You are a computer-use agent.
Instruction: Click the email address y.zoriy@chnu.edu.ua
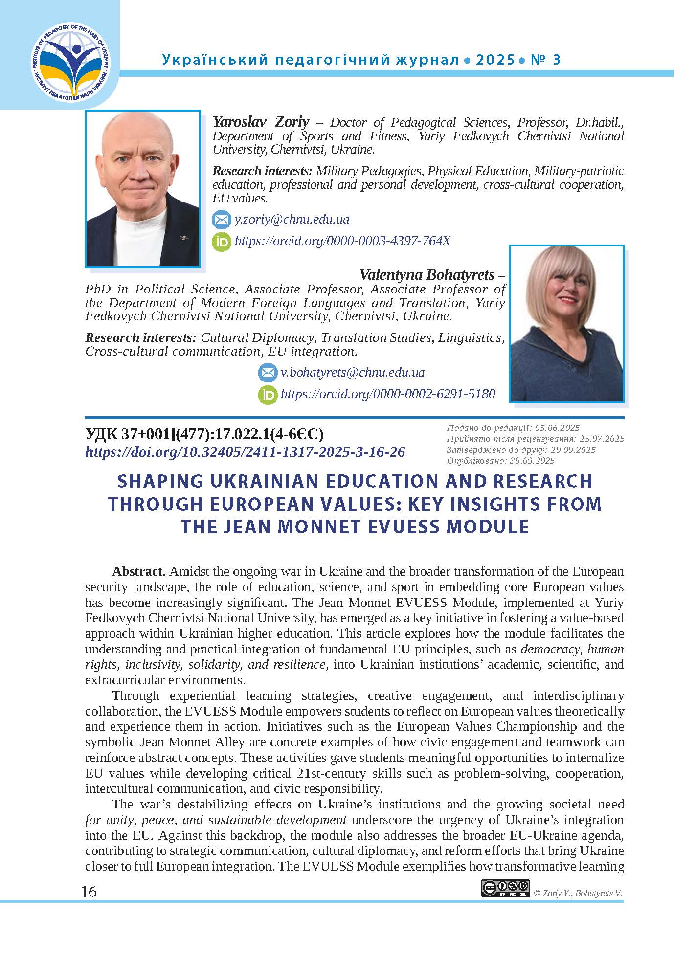coord(292,219)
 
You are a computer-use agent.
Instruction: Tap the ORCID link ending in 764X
coord(342,241)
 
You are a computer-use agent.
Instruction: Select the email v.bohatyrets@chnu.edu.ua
coord(352,372)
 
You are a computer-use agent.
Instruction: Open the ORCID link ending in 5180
coord(388,394)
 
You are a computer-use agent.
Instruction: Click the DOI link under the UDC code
coord(245,452)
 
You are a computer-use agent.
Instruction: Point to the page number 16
coord(90,892)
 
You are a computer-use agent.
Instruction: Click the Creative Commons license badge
coord(505,888)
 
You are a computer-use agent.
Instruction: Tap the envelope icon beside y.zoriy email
coord(221,220)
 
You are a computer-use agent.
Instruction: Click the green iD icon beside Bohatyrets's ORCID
coord(268,394)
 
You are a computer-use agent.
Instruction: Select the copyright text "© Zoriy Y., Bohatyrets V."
coord(578,893)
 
